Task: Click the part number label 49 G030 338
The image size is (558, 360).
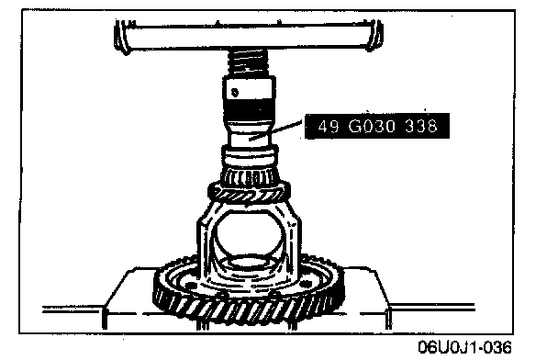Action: pos(377,126)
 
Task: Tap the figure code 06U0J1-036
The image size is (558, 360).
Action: pos(464,347)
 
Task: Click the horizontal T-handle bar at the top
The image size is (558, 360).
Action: pos(249,36)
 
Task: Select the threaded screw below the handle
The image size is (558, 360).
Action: pos(249,62)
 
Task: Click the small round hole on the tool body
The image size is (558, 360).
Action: pos(235,93)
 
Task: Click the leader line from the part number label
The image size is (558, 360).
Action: pos(275,129)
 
